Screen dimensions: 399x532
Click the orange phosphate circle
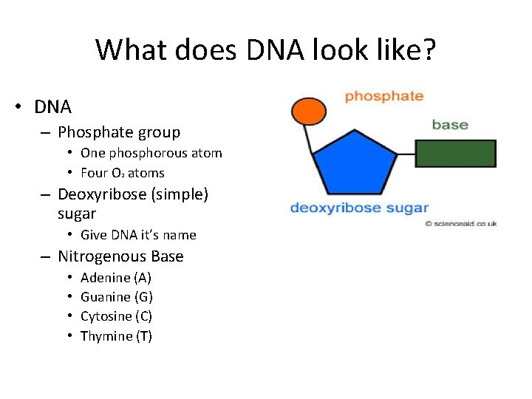(x=308, y=111)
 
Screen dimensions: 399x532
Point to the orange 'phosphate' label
(x=383, y=96)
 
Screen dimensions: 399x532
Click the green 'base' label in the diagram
(x=450, y=125)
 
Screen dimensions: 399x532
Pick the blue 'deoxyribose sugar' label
(x=359, y=208)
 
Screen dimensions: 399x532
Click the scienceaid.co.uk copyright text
(x=460, y=223)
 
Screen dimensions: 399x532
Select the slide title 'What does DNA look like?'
(x=266, y=50)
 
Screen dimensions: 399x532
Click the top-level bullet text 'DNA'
(x=52, y=107)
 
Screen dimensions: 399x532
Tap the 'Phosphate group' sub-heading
(x=119, y=132)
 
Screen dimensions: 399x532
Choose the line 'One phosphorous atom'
(x=151, y=153)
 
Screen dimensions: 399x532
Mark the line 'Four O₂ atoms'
(x=122, y=173)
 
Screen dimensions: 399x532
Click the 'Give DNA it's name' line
(x=138, y=235)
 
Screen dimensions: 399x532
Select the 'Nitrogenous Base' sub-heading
(x=120, y=256)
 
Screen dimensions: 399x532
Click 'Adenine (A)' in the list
(x=115, y=278)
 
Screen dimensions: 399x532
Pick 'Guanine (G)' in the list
(x=116, y=297)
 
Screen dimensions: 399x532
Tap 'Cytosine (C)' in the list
(x=116, y=316)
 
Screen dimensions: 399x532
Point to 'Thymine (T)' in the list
(x=116, y=336)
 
